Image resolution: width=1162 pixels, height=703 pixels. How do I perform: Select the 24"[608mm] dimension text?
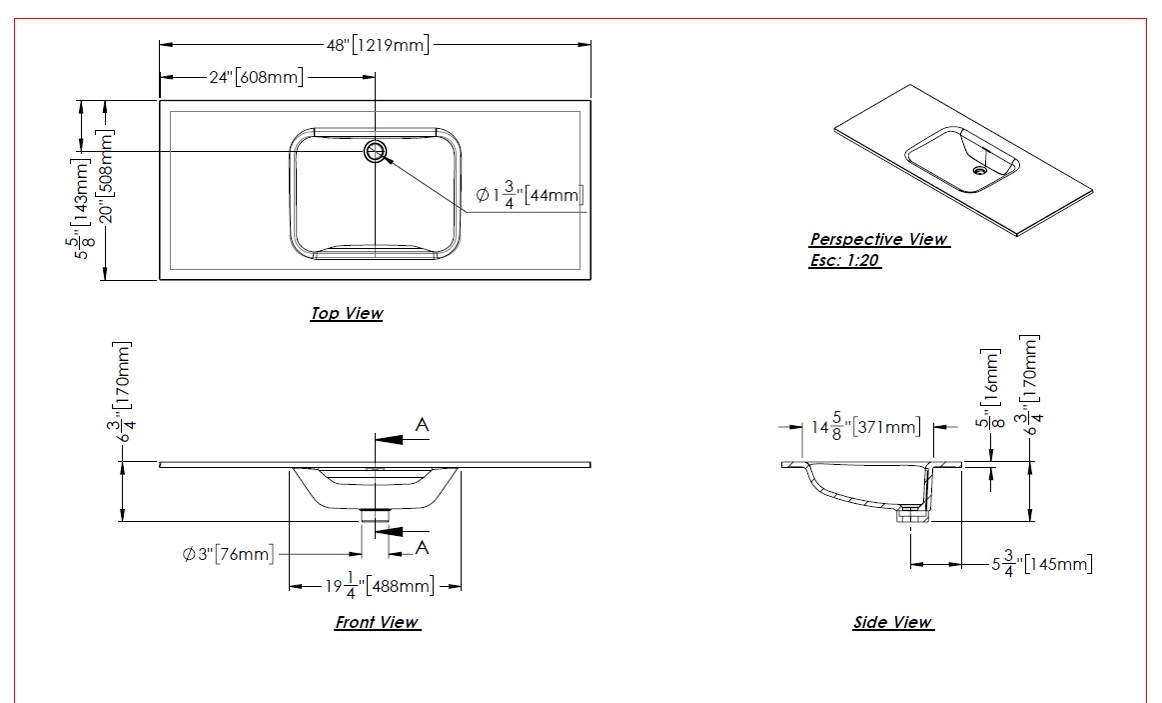point(255,78)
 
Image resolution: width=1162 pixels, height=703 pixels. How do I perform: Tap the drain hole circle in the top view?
point(376,151)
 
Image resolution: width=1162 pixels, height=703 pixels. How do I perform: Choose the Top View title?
point(346,313)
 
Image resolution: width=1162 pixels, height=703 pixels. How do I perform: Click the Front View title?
point(376,622)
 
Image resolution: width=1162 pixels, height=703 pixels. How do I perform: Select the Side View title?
point(892,622)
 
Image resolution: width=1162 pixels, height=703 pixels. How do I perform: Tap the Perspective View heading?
point(878,240)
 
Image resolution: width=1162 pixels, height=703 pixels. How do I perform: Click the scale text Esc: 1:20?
point(845,262)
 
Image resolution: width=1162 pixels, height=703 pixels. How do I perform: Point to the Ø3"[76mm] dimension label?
point(228,554)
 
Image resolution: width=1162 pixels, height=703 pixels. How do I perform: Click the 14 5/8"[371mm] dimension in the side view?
point(865,428)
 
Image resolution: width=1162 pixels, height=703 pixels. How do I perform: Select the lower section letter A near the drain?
point(423,547)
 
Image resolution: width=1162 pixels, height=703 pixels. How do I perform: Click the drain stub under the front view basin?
point(376,515)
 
